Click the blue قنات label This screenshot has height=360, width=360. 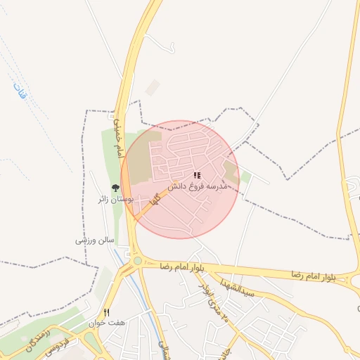pyautogui.click(x=19, y=92)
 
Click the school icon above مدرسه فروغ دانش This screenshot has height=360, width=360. pyautogui.click(x=198, y=176)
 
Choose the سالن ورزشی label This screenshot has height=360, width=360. pyautogui.click(x=96, y=240)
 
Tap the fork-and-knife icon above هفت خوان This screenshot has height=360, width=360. pyautogui.click(x=107, y=311)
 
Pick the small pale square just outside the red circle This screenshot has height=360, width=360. pyautogui.click(x=153, y=88)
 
